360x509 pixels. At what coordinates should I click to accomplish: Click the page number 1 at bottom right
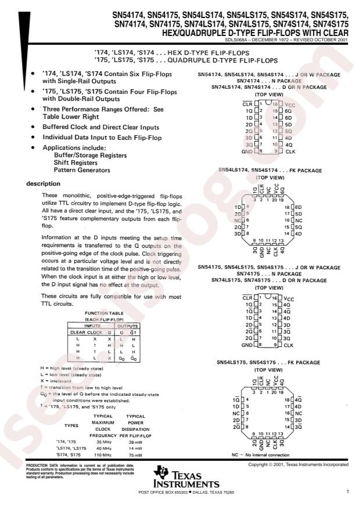[x=346, y=492]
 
